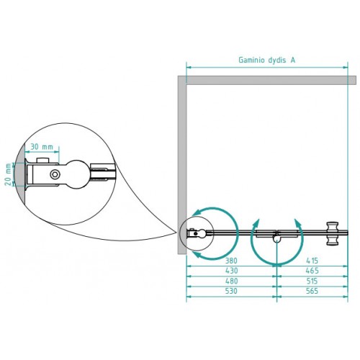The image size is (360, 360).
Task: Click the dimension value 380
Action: coord(231,261)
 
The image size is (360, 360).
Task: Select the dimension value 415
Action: coord(312,261)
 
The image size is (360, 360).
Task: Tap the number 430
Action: coord(231,271)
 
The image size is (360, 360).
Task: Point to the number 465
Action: coord(312,271)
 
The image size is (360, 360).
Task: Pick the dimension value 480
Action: coord(231,281)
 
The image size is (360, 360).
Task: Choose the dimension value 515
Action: coord(312,281)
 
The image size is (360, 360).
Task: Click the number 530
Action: coord(231,291)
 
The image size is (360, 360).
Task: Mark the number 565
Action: coord(312,291)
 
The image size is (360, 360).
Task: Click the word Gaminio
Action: coord(251,60)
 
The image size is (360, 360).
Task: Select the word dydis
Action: coord(277,60)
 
